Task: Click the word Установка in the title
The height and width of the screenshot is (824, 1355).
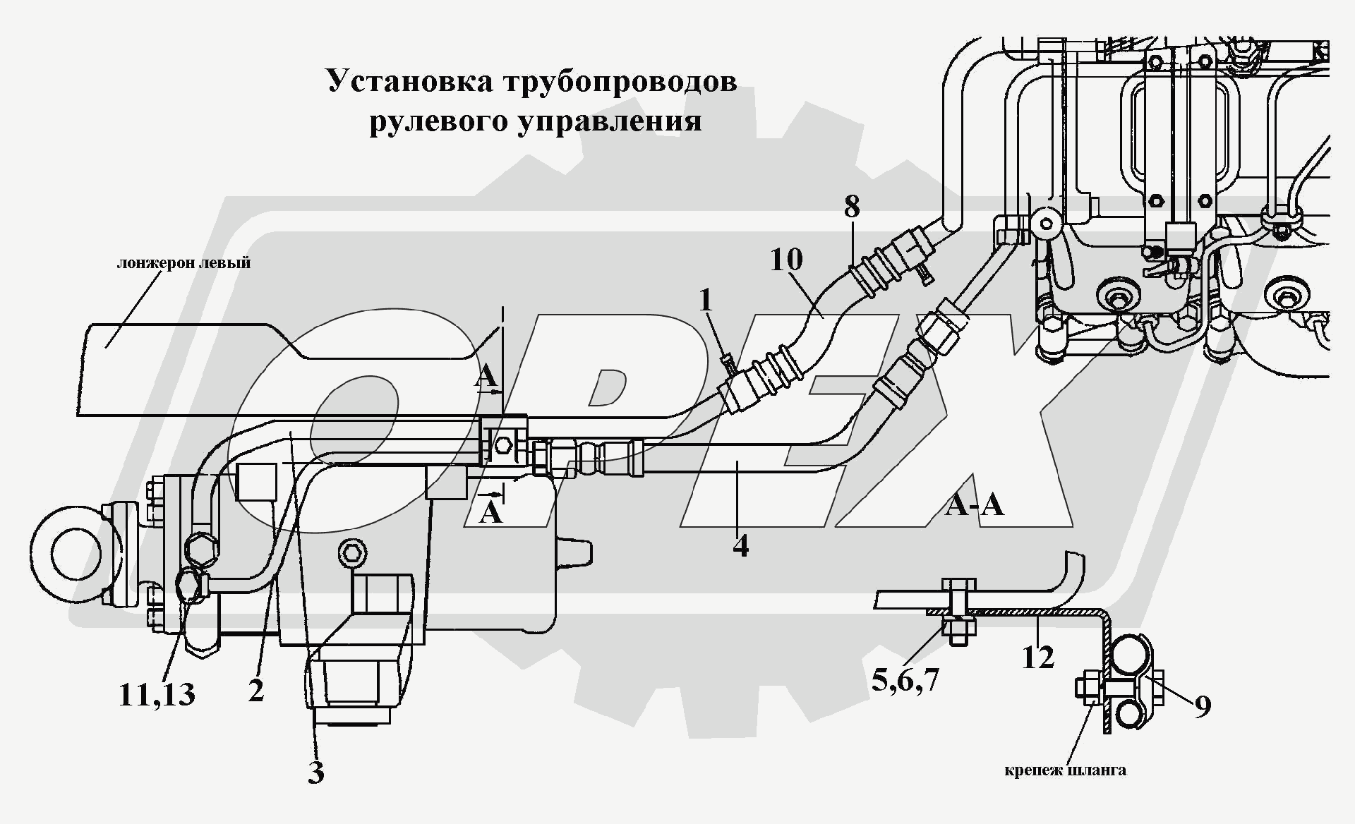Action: pyautogui.click(x=409, y=81)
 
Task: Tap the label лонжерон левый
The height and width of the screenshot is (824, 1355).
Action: pyautogui.click(x=183, y=263)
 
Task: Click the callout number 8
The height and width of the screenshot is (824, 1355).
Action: pyautogui.click(x=852, y=207)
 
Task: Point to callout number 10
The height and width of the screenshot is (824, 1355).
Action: pyautogui.click(x=786, y=260)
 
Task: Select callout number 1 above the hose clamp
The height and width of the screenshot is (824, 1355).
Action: pyautogui.click(x=706, y=301)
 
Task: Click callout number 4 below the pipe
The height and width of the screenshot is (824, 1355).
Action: pyautogui.click(x=740, y=545)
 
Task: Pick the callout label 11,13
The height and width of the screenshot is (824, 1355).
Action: pyautogui.click(x=157, y=695)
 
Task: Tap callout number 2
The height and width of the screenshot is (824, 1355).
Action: pyautogui.click(x=256, y=690)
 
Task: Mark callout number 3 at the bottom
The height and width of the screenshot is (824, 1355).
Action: pyautogui.click(x=315, y=772)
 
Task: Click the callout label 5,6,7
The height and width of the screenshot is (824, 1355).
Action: pyautogui.click(x=905, y=680)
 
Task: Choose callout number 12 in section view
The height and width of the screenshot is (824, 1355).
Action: pyautogui.click(x=1037, y=658)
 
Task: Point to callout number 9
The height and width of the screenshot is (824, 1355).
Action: pyautogui.click(x=1203, y=705)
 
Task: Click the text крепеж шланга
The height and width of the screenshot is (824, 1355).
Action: pyautogui.click(x=1065, y=770)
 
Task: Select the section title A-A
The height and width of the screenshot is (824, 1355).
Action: pyautogui.click(x=974, y=505)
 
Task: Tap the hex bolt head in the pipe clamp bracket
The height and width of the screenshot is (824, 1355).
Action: pyautogui.click(x=503, y=446)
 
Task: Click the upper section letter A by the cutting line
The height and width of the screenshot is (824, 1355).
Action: pyautogui.click(x=486, y=377)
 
